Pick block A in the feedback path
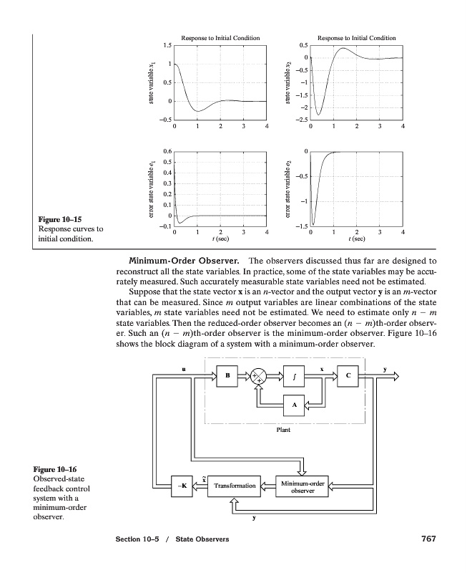pyautogui.click(x=295, y=406)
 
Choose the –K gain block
pyautogui.click(x=182, y=486)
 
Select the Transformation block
pyautogui.click(x=232, y=486)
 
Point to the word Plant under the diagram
pyautogui.click(x=283, y=430)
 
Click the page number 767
pyautogui.click(x=425, y=539)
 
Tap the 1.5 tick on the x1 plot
pyautogui.click(x=166, y=47)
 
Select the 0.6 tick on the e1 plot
pyautogui.click(x=166, y=151)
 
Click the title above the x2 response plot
pyautogui.click(x=356, y=37)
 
